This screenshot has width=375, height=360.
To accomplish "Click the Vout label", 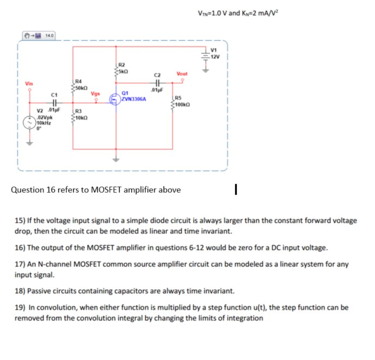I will (182, 74).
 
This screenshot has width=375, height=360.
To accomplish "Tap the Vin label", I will (29, 83).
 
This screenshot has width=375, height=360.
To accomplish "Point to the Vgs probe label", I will (95, 93).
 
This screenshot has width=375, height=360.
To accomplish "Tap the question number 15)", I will (21, 221).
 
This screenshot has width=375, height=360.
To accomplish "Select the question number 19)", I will (21, 308).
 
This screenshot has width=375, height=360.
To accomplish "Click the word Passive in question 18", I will (39, 291).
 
